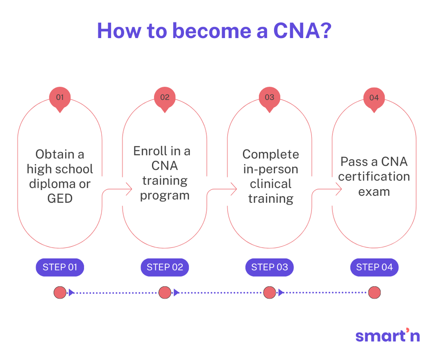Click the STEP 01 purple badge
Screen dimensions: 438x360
click(60, 267)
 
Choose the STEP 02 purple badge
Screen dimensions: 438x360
click(165, 267)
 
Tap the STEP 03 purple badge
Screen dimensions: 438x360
click(269, 267)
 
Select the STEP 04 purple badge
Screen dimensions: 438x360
click(374, 267)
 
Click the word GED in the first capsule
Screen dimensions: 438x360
click(60, 198)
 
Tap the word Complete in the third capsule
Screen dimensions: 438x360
click(271, 154)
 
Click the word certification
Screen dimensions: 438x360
click(374, 176)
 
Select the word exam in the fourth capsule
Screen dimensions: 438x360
click(374, 191)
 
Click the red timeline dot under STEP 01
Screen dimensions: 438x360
click(60, 293)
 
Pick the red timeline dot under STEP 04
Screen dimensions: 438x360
click(374, 293)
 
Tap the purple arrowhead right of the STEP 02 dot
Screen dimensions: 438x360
click(176, 293)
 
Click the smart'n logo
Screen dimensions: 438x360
click(388, 335)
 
